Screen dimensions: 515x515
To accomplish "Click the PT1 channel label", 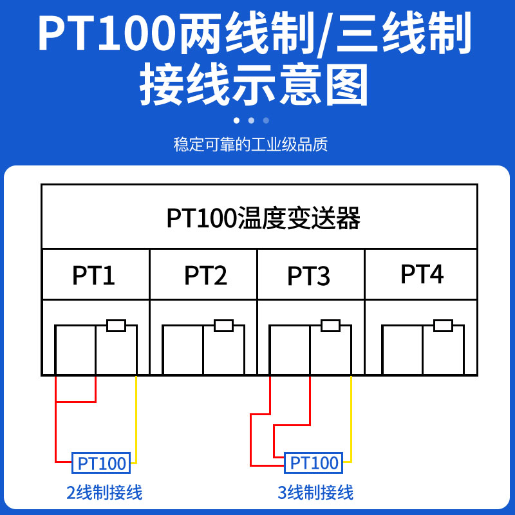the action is coord(94,276).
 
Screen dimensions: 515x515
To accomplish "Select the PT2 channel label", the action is coord(205,276).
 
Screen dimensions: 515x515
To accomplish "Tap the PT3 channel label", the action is coord(309,276).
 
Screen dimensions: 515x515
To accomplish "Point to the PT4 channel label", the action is coord(422,274).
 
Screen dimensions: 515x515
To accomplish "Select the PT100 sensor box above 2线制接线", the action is coord(102,462).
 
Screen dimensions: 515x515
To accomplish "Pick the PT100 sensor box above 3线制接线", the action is coord(314,462).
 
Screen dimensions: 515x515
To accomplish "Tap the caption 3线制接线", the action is coord(315,493).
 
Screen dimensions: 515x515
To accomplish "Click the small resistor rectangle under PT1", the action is coord(116,326).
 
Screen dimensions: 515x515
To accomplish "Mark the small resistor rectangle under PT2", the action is coord(223,326).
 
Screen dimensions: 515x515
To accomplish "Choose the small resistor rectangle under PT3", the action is coord(330,326).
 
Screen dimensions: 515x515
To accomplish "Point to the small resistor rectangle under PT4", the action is coord(443,326).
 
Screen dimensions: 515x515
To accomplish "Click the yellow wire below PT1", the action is coord(136,418).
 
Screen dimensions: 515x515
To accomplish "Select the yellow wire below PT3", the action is coord(351,418).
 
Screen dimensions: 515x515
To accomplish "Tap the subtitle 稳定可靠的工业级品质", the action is coord(250,144).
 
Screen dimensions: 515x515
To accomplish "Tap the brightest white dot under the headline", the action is coord(236,120).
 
